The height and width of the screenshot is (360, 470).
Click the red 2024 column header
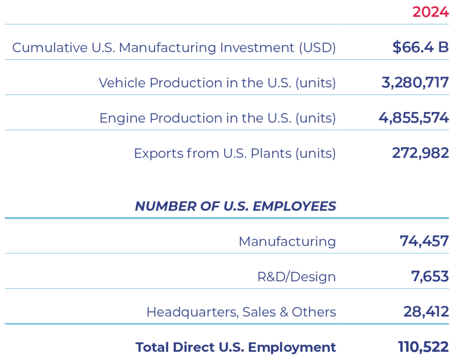click(x=430, y=12)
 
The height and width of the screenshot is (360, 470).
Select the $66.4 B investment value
click(x=420, y=47)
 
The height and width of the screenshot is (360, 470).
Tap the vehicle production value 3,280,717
click(x=415, y=83)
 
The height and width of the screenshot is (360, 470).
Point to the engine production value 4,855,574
click(x=414, y=118)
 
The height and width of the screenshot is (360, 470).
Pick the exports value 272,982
click(x=420, y=153)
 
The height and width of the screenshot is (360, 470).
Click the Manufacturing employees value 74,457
click(x=424, y=241)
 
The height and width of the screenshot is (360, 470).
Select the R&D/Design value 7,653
click(x=430, y=276)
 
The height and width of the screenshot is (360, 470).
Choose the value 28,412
click(x=426, y=312)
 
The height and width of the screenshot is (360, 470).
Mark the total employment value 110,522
click(x=423, y=347)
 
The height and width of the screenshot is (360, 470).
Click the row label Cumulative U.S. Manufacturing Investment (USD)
click(x=174, y=48)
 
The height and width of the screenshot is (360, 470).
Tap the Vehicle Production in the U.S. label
click(x=217, y=83)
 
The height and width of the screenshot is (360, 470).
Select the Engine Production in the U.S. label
click(x=218, y=118)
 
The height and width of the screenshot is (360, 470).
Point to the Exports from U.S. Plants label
click(x=235, y=153)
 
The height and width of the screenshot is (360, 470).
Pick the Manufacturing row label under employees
click(x=287, y=242)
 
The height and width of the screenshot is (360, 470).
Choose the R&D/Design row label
click(x=297, y=277)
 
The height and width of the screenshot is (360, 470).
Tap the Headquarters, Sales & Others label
click(x=241, y=312)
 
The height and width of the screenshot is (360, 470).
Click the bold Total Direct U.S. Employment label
click(x=235, y=348)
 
